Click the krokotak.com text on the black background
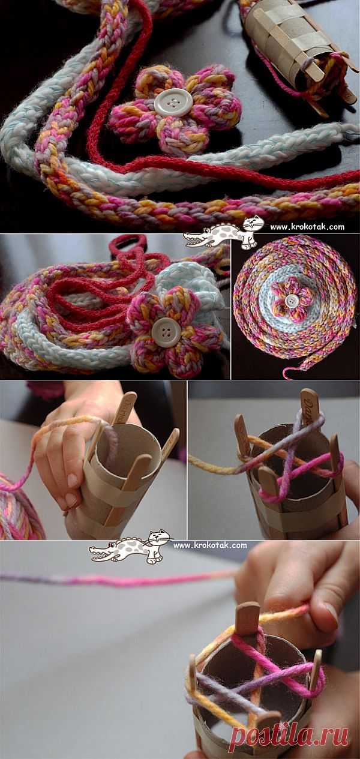307,227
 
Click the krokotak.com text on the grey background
210,545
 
